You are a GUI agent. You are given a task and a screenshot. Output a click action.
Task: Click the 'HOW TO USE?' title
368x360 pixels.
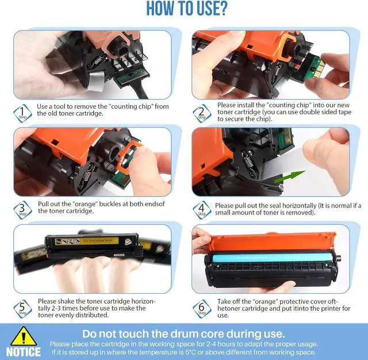pyautogui.click(x=187, y=8)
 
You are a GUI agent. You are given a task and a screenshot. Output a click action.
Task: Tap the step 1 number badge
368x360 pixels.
pyautogui.click(x=22, y=113)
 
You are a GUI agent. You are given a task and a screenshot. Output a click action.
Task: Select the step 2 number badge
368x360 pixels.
pyautogui.click(x=202, y=113)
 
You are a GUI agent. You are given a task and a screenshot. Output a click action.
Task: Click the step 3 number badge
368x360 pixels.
pyautogui.click(x=22, y=210)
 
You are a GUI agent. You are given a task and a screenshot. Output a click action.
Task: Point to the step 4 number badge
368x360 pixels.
pyautogui.click(x=202, y=210)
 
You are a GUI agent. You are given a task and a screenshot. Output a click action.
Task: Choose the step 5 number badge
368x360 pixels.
pyautogui.click(x=22, y=309)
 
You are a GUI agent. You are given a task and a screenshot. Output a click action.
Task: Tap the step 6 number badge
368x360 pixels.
pyautogui.click(x=202, y=309)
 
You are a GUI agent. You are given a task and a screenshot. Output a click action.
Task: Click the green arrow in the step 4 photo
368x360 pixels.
pyautogui.click(x=290, y=177)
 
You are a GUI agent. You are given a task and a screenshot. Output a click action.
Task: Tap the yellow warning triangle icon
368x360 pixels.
pyautogui.click(x=24, y=336)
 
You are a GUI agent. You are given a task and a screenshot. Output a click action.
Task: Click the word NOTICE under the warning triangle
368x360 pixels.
pyautogui.click(x=24, y=352)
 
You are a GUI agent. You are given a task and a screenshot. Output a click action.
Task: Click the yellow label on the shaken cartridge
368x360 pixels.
pyautogui.click(x=87, y=241)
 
